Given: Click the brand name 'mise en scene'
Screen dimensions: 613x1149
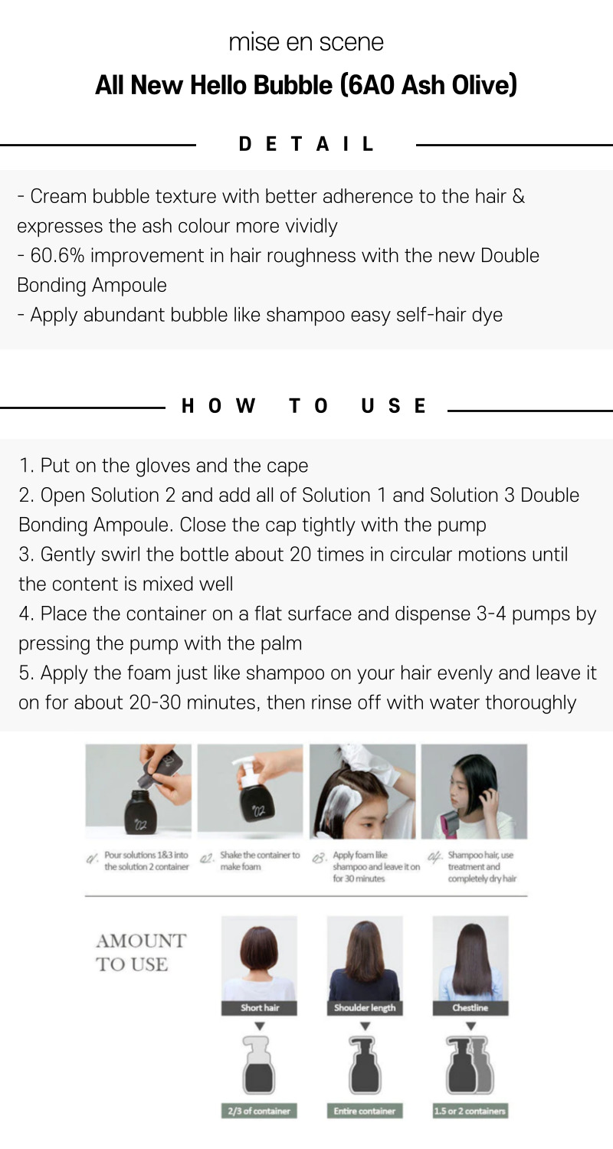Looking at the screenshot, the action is pos(306,42).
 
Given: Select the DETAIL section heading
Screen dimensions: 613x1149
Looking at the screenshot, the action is pos(306,144).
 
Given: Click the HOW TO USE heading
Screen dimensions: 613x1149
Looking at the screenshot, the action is pos(303,406).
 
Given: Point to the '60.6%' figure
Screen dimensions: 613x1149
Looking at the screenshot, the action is pos(57,255).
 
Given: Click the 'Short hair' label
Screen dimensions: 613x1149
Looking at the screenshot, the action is pos(260,1007).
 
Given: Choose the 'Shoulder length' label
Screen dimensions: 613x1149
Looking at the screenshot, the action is pos(365,1007).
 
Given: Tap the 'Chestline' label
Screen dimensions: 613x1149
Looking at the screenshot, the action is pos(470,1007).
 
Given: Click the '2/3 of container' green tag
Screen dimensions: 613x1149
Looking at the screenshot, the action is pos(259,1111).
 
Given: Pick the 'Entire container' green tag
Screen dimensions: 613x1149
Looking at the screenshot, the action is pos(365,1111).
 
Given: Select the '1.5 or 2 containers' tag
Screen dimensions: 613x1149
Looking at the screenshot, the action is pos(470,1111).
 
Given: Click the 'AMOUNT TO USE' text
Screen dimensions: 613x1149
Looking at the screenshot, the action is pos(140,953).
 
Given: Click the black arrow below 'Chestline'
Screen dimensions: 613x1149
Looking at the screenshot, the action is pos(470,1026).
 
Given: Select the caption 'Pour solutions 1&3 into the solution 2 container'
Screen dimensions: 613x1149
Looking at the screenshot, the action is pos(146,861).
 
